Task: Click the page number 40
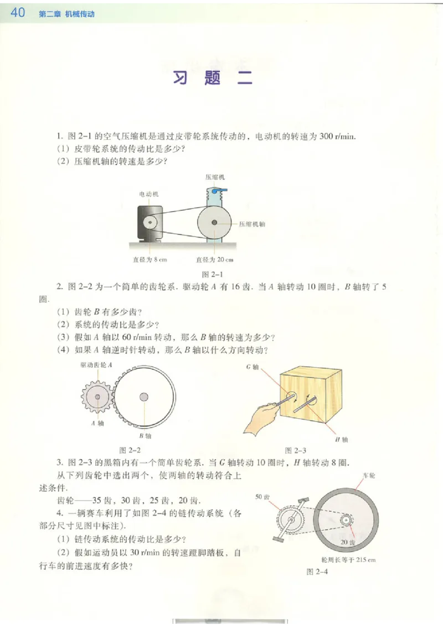click(18, 12)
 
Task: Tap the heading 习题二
click(213, 79)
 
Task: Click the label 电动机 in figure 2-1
click(149, 194)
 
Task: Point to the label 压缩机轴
click(252, 224)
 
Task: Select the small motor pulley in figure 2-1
click(149, 222)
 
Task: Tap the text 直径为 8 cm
click(146, 259)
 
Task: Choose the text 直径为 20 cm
click(215, 259)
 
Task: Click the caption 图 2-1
click(212, 274)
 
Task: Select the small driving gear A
click(97, 397)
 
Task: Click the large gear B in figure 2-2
click(144, 397)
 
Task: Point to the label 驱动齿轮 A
click(96, 365)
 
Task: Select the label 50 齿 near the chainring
click(261, 497)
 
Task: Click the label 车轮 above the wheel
click(369, 475)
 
